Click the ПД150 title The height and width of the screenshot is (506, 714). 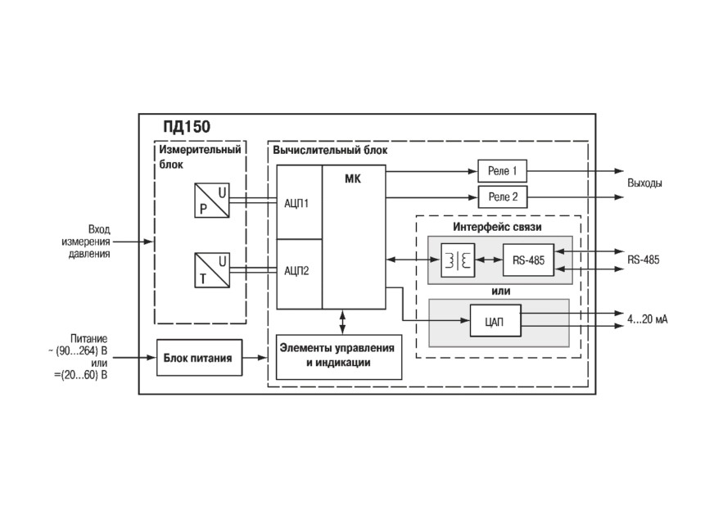point(187,127)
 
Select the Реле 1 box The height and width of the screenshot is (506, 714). point(502,171)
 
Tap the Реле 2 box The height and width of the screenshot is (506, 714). point(503,197)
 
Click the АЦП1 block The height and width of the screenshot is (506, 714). point(299,202)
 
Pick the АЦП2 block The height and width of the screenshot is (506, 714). point(299,274)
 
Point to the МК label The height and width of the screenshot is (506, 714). point(352,179)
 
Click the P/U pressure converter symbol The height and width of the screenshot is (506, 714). point(212,200)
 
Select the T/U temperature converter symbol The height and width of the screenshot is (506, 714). point(212,270)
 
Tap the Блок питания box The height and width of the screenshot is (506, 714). point(200,358)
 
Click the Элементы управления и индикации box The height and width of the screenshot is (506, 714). point(339,357)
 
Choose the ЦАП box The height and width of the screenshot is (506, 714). point(495,321)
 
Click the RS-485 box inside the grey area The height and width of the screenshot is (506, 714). point(528,260)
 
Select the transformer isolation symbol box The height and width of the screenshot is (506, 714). point(458,260)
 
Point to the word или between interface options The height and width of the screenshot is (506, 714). point(501,291)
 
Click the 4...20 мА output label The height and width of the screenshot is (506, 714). point(647,319)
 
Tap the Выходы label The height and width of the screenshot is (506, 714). point(644,183)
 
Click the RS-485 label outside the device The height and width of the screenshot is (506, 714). point(643,260)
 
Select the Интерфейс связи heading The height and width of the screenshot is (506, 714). point(497,227)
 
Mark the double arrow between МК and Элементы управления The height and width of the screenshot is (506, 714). point(342,322)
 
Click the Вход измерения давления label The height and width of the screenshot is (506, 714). point(86,242)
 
